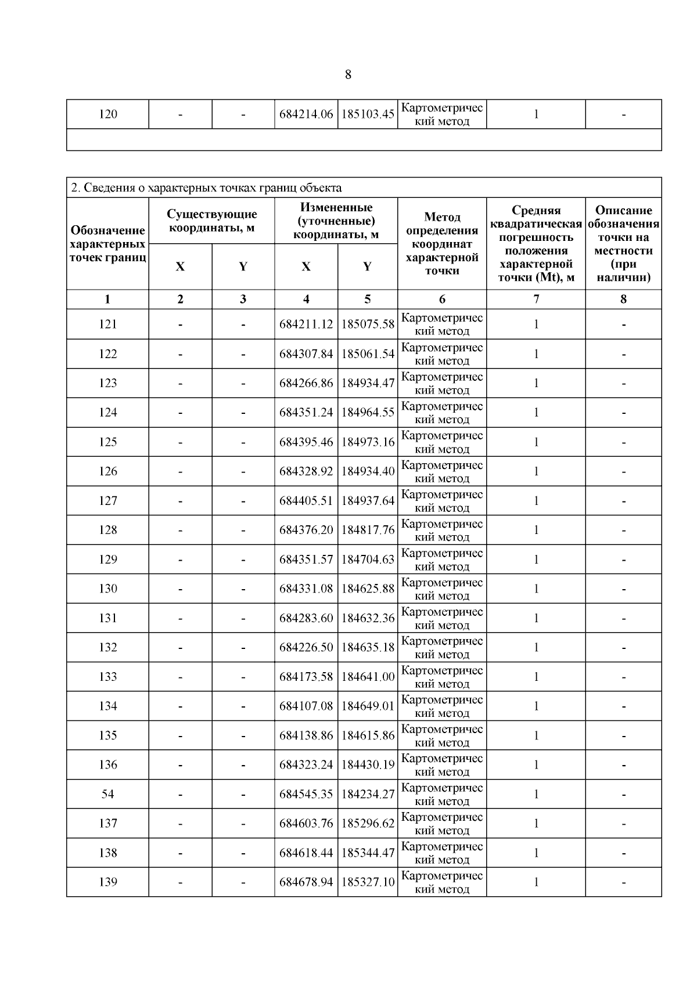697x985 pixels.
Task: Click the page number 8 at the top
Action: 348,75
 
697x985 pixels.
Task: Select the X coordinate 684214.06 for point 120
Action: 306,114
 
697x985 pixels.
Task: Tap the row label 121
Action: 108,324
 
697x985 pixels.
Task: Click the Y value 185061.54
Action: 368,354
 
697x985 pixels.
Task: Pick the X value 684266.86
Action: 306,383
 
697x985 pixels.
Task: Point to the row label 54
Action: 108,794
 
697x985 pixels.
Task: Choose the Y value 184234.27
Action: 368,794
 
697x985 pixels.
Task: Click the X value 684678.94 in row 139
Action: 306,882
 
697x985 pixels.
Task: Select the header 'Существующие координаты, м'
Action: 211,221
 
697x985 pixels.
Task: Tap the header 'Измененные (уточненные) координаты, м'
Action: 336,221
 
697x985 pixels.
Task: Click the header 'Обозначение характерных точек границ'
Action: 108,244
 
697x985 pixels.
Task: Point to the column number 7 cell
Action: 536,300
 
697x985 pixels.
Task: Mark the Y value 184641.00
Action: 368,677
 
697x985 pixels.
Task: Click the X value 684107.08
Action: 306,706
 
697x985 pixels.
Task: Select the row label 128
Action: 108,530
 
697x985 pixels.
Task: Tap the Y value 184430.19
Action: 368,765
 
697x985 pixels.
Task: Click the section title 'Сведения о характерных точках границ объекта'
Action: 206,188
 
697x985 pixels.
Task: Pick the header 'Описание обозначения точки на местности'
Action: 623,244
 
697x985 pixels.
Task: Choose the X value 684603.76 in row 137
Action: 306,824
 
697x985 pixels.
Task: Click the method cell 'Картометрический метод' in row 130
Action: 442,589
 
